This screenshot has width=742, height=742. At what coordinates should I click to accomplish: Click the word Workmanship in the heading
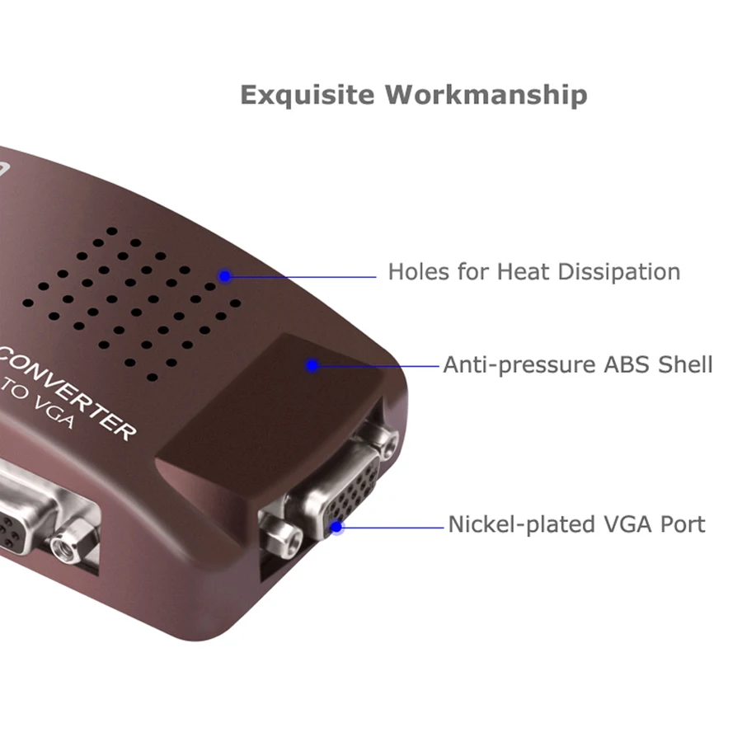pyautogui.click(x=486, y=95)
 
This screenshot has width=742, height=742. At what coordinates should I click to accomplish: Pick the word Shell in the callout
pyautogui.click(x=685, y=364)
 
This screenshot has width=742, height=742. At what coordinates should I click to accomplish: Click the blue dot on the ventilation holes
pyautogui.click(x=224, y=276)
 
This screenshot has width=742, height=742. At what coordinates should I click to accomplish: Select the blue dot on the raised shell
pyautogui.click(x=312, y=364)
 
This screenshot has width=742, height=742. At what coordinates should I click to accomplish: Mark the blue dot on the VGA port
pyautogui.click(x=336, y=526)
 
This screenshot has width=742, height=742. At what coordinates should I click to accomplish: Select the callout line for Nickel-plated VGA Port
pyautogui.click(x=392, y=526)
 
